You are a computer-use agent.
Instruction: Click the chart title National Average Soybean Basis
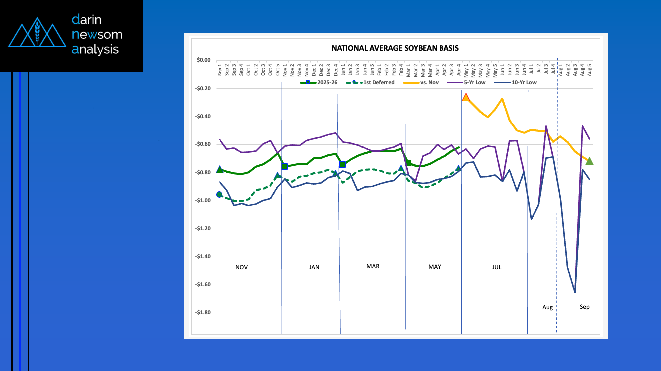[x=395, y=48]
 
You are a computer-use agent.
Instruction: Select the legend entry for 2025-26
[x=325, y=82]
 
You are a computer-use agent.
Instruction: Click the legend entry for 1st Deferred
[x=379, y=82]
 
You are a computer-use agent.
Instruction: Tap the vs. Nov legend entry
[x=440, y=82]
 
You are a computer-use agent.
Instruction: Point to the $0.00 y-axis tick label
[x=203, y=60]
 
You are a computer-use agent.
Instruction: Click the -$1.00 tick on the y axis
[x=203, y=201]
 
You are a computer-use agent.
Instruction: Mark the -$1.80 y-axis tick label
[x=203, y=313]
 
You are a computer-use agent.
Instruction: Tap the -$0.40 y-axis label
[x=203, y=117]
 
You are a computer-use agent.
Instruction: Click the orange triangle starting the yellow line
[x=466, y=97]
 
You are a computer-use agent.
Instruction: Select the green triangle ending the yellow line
[x=589, y=161]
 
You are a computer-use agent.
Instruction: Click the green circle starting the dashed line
[x=219, y=195]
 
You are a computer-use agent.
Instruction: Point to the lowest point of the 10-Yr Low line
[x=575, y=292]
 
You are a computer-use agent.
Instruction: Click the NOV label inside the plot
[x=241, y=267]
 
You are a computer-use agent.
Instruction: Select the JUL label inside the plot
[x=497, y=267]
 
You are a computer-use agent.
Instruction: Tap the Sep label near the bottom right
[x=584, y=307]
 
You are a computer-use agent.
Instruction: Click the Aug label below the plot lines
[x=547, y=307]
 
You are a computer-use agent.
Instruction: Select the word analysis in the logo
[x=95, y=49]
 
